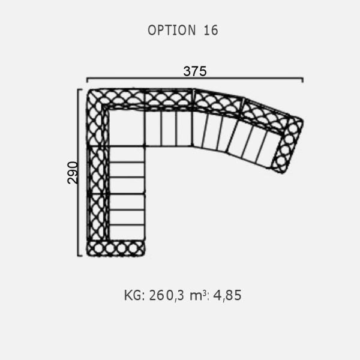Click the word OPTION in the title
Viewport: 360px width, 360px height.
coord(172,30)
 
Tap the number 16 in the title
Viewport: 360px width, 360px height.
coord(211,30)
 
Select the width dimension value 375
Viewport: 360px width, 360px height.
coord(195,71)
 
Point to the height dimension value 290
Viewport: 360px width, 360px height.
coord(73,172)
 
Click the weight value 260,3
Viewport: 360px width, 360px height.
coord(167,295)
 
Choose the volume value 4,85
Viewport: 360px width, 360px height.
coord(227,295)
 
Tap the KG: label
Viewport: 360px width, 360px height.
coord(134,295)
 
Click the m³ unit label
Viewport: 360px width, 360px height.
coord(199,295)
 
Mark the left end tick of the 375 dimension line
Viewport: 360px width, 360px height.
coord(87,80)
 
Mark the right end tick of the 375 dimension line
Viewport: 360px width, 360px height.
coord(303,80)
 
